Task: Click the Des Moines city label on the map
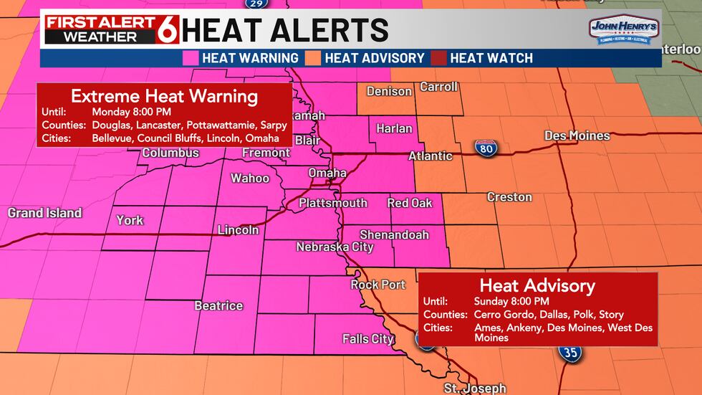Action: coord(577,135)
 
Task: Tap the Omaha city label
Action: coord(327,173)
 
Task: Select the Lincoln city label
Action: coord(239,230)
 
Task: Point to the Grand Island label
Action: coord(44,213)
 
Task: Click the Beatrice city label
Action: coord(218,305)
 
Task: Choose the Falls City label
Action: coord(367,338)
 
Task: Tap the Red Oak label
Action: coord(410,203)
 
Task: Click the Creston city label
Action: coord(509,196)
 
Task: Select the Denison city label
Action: coord(389,91)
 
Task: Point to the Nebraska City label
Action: coord(335,247)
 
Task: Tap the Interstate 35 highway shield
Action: coord(570,352)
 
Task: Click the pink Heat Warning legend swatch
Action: coord(191,57)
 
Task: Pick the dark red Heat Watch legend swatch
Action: coord(439,57)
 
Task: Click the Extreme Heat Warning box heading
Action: coord(164,95)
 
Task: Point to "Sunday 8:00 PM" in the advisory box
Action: coord(511,301)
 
